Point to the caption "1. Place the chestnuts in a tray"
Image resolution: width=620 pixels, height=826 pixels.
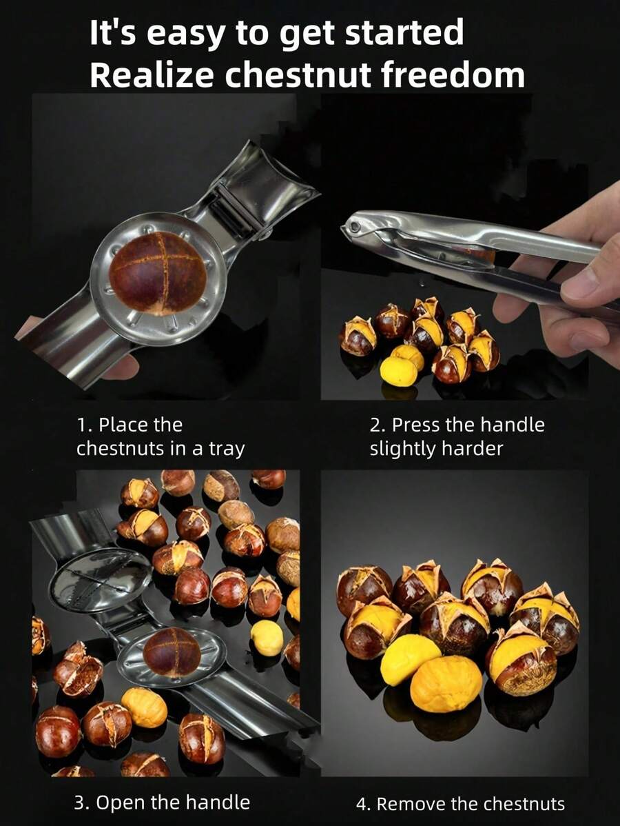tap(161, 436)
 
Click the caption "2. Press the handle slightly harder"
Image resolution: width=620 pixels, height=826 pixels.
tap(457, 436)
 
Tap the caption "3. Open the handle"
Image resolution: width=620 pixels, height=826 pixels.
tap(162, 802)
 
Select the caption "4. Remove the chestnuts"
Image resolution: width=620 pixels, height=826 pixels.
tap(460, 803)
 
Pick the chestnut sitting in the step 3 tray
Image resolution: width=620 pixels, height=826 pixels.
tap(171, 652)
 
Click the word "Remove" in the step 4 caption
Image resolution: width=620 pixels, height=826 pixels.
tap(411, 803)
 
